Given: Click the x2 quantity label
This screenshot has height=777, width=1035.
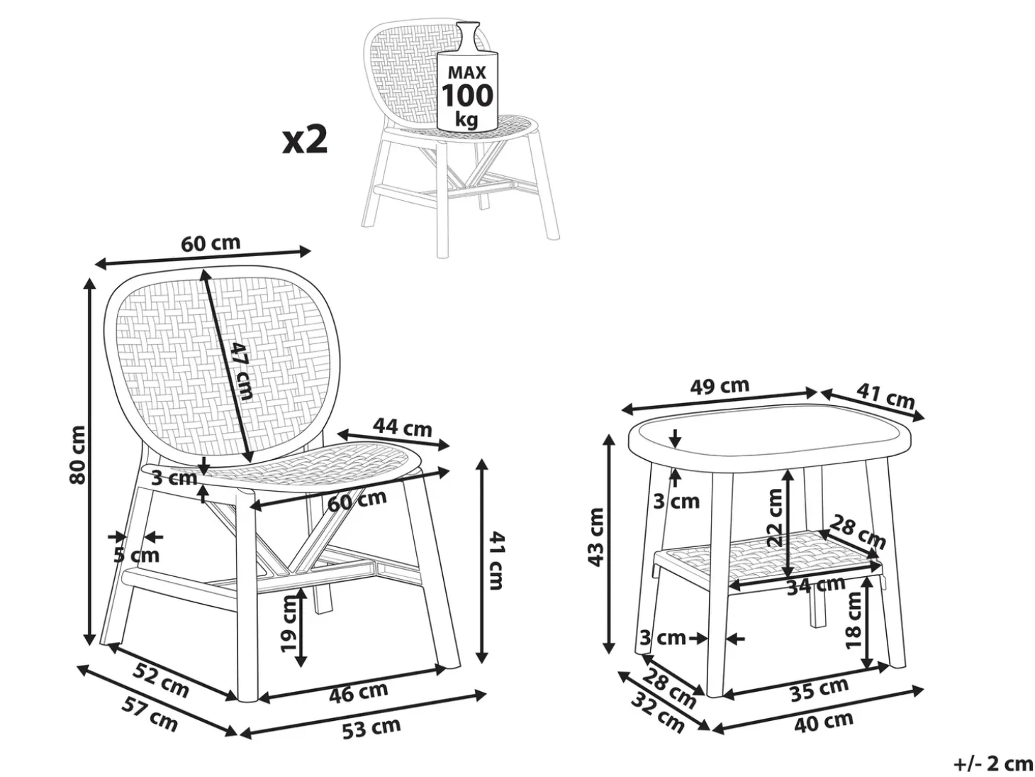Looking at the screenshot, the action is coord(305,140).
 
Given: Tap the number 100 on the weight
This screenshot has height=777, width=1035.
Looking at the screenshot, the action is coord(466,95).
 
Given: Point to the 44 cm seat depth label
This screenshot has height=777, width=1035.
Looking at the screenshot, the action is coord(402,427).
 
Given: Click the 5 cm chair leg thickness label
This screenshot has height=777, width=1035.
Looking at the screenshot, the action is coord(136,556).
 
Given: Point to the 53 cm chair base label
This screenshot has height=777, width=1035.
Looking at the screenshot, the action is coord(371,727).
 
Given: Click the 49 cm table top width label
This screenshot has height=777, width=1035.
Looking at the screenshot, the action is coord(720,387).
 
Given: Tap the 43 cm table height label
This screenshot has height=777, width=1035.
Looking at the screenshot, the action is coord(596,537).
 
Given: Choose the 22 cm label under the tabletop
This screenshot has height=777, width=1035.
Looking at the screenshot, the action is coord(774,517).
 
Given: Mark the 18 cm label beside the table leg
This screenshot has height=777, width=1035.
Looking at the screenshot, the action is coord(854,621).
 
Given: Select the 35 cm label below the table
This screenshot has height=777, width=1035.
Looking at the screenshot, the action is coord(819,689).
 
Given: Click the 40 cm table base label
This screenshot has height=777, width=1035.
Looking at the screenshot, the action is coord(823,722).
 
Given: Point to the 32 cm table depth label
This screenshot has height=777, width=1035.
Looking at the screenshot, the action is coord(657,712).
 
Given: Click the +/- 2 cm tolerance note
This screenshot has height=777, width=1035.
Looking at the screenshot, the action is coord(989,763).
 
